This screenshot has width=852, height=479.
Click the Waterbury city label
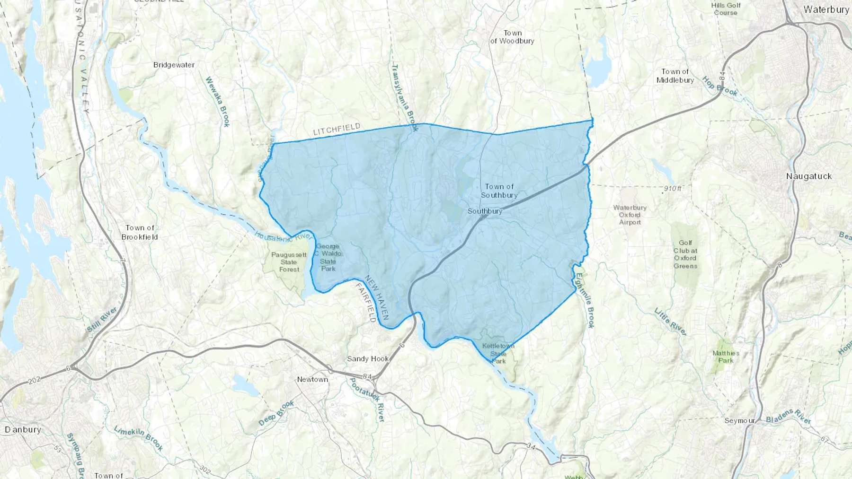(826, 9)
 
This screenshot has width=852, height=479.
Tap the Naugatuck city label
(809, 176)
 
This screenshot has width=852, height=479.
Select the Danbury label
(23, 429)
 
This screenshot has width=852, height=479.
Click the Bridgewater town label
(174, 65)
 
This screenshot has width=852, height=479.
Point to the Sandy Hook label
(368, 359)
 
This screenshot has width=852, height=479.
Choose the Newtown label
(312, 379)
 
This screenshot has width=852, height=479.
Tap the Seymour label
(739, 420)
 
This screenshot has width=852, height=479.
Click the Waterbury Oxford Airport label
(630, 215)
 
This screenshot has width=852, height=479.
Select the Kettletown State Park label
(498, 353)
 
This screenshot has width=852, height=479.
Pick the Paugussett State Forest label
(289, 262)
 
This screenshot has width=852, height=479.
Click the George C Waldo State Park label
(328, 257)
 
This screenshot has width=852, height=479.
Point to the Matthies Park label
(726, 357)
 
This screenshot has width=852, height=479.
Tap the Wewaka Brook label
(217, 102)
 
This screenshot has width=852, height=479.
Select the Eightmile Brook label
(585, 301)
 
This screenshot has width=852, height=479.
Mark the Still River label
(102, 320)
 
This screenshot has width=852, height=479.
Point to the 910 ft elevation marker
(672, 189)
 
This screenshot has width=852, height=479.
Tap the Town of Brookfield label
(140, 232)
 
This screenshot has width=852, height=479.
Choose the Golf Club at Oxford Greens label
(685, 254)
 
